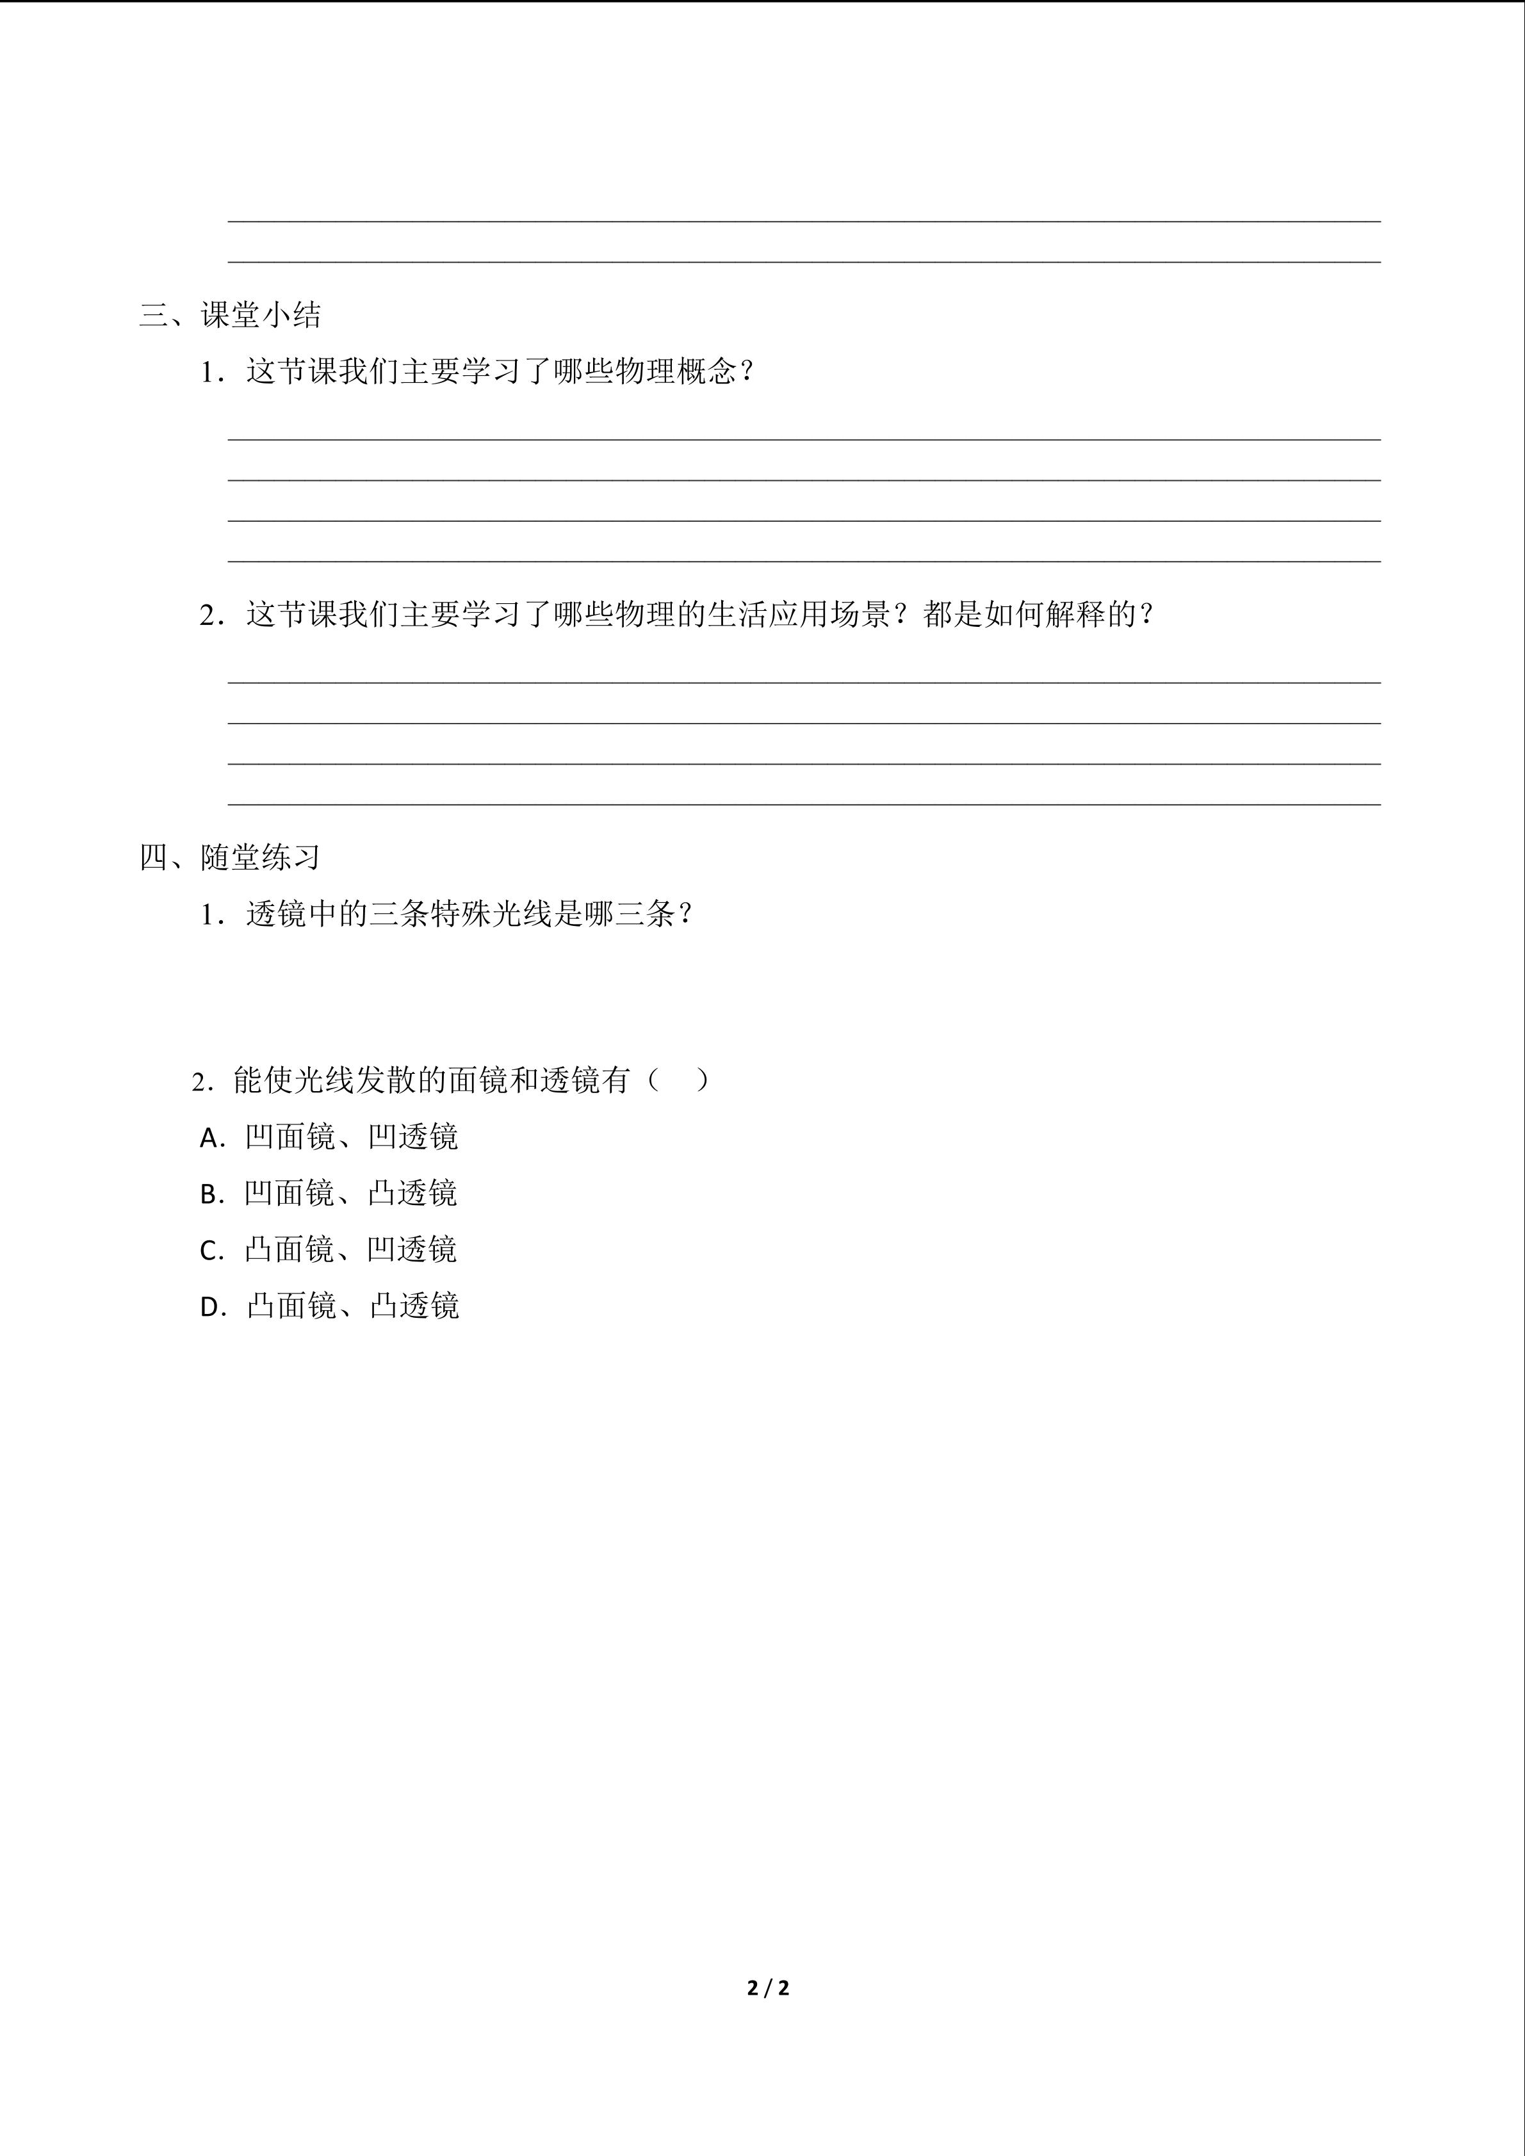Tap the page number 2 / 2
(x=768, y=1988)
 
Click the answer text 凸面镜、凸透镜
(x=352, y=1306)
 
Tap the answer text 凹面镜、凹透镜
(x=351, y=1137)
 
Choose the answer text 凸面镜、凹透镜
(x=350, y=1250)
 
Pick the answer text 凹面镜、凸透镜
(x=350, y=1194)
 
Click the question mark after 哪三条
(x=685, y=914)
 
